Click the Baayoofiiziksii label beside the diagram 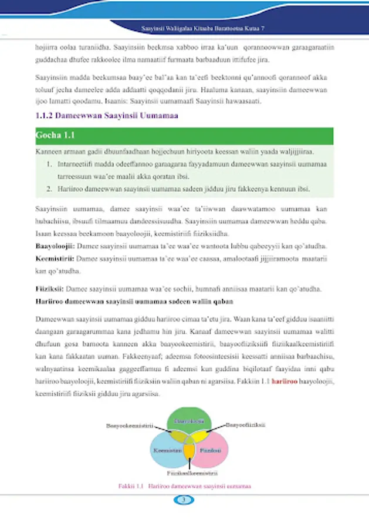pos(246,424)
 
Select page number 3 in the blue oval pos(184,500)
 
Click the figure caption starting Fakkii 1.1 pos(184,487)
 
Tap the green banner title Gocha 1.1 pos(54,136)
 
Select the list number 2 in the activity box pos(51,189)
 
